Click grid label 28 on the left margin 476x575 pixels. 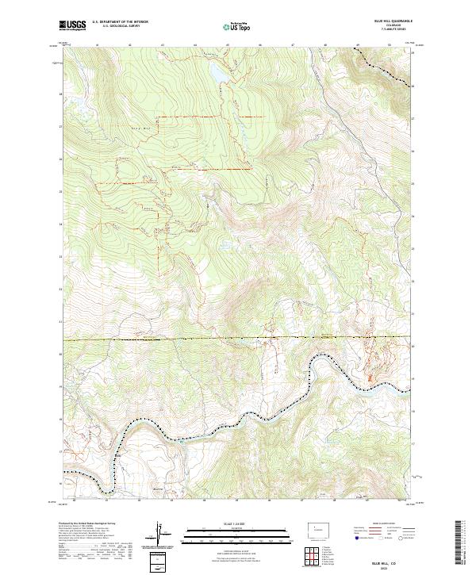[x=59, y=94]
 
